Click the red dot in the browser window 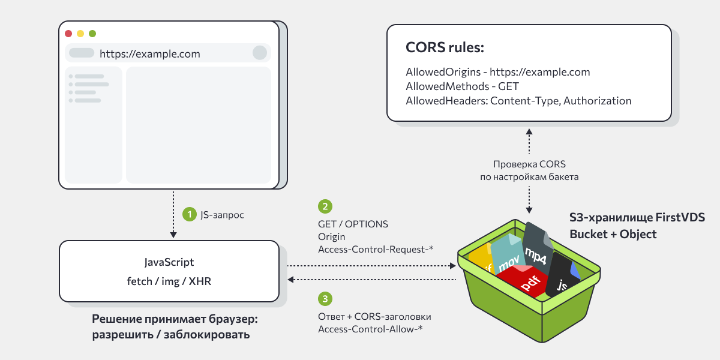pyautogui.click(x=68, y=34)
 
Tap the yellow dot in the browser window pyautogui.click(x=80, y=34)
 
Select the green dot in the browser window pyautogui.click(x=92, y=34)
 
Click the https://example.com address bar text pyautogui.click(x=149, y=53)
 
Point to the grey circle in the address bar pyautogui.click(x=260, y=53)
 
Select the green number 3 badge pyautogui.click(x=325, y=298)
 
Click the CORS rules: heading pyautogui.click(x=445, y=48)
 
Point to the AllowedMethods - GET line pyautogui.click(x=462, y=86)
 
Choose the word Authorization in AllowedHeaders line pyautogui.click(x=597, y=101)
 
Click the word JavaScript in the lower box pyautogui.click(x=169, y=262)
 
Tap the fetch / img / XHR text pyautogui.click(x=169, y=280)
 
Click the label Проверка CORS pyautogui.click(x=529, y=164)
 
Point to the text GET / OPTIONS pyautogui.click(x=353, y=224)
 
